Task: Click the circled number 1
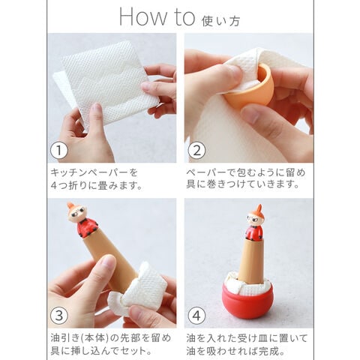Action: (59, 151)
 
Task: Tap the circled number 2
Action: (196, 151)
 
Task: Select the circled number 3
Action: (59, 316)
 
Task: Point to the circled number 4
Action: (196, 316)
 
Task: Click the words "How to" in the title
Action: (157, 17)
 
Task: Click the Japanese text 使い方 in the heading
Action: (221, 21)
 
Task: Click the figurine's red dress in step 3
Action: (86, 227)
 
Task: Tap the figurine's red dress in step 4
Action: (253, 232)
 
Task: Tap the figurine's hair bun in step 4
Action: (259, 208)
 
